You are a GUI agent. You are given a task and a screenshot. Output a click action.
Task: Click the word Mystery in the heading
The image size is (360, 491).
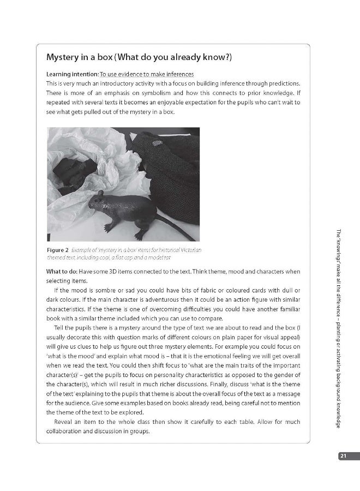point(64,57)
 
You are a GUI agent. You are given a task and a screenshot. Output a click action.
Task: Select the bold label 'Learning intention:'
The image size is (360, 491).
point(73,74)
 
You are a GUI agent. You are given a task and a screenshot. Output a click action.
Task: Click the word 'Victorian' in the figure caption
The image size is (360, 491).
point(190,250)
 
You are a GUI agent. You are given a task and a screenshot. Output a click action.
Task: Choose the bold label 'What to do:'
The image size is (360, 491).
point(61,272)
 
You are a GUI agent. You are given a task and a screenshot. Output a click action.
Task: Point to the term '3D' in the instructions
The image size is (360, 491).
point(114,272)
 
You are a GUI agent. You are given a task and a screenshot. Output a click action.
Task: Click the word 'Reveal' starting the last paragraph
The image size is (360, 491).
point(65,422)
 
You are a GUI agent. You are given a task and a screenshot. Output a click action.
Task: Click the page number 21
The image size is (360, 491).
point(343,456)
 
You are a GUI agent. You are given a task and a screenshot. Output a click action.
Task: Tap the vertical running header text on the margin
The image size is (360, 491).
point(339,327)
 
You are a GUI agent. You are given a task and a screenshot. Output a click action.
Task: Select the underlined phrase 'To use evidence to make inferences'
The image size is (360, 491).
point(147,74)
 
